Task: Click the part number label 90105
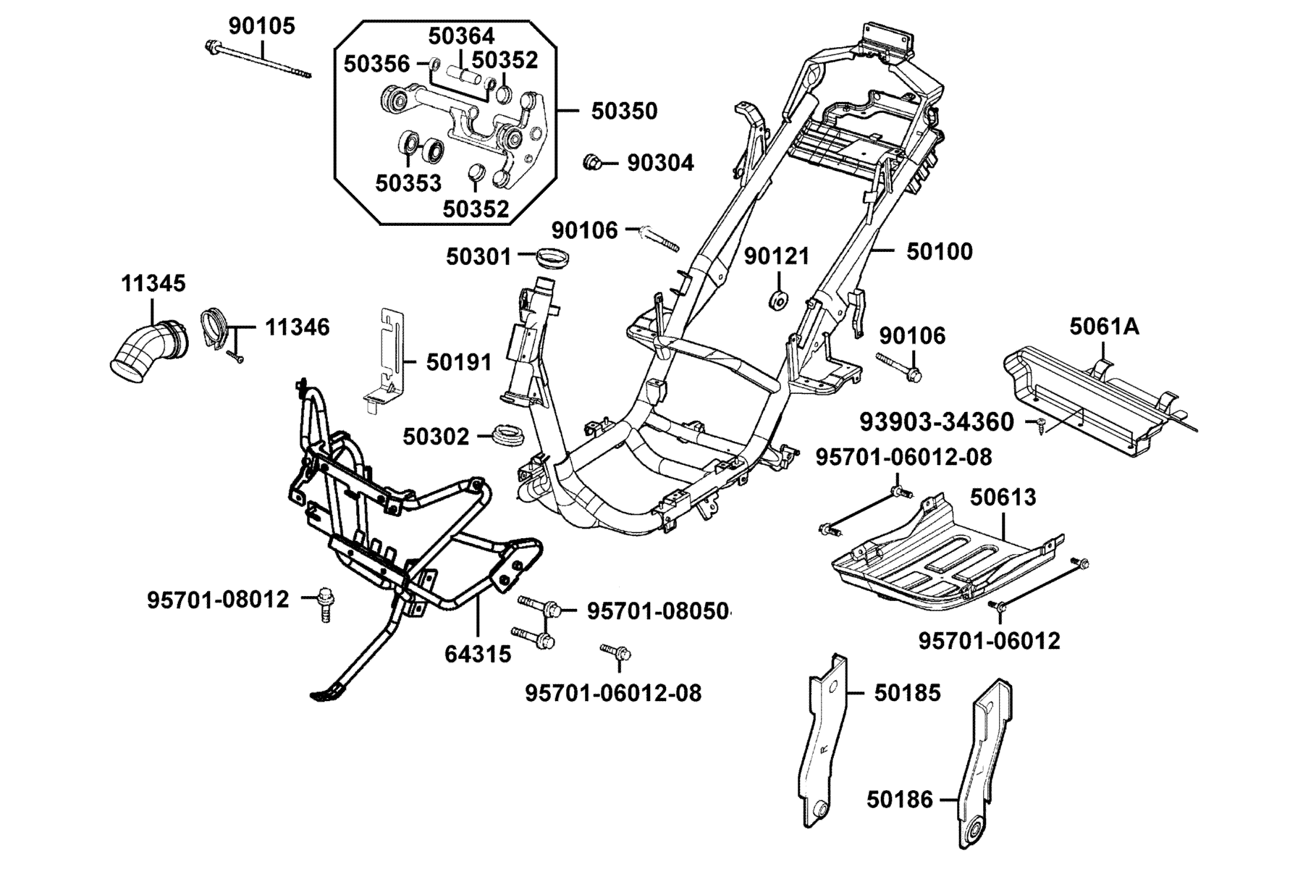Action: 262,26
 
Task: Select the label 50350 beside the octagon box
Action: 624,112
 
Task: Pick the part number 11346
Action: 297,327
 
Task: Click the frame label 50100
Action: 940,252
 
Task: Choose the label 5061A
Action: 1104,327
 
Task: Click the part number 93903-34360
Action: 937,421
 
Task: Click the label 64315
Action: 478,654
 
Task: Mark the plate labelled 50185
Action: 826,739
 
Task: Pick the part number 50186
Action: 901,800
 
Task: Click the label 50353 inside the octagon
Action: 408,183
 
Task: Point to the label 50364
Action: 462,35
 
